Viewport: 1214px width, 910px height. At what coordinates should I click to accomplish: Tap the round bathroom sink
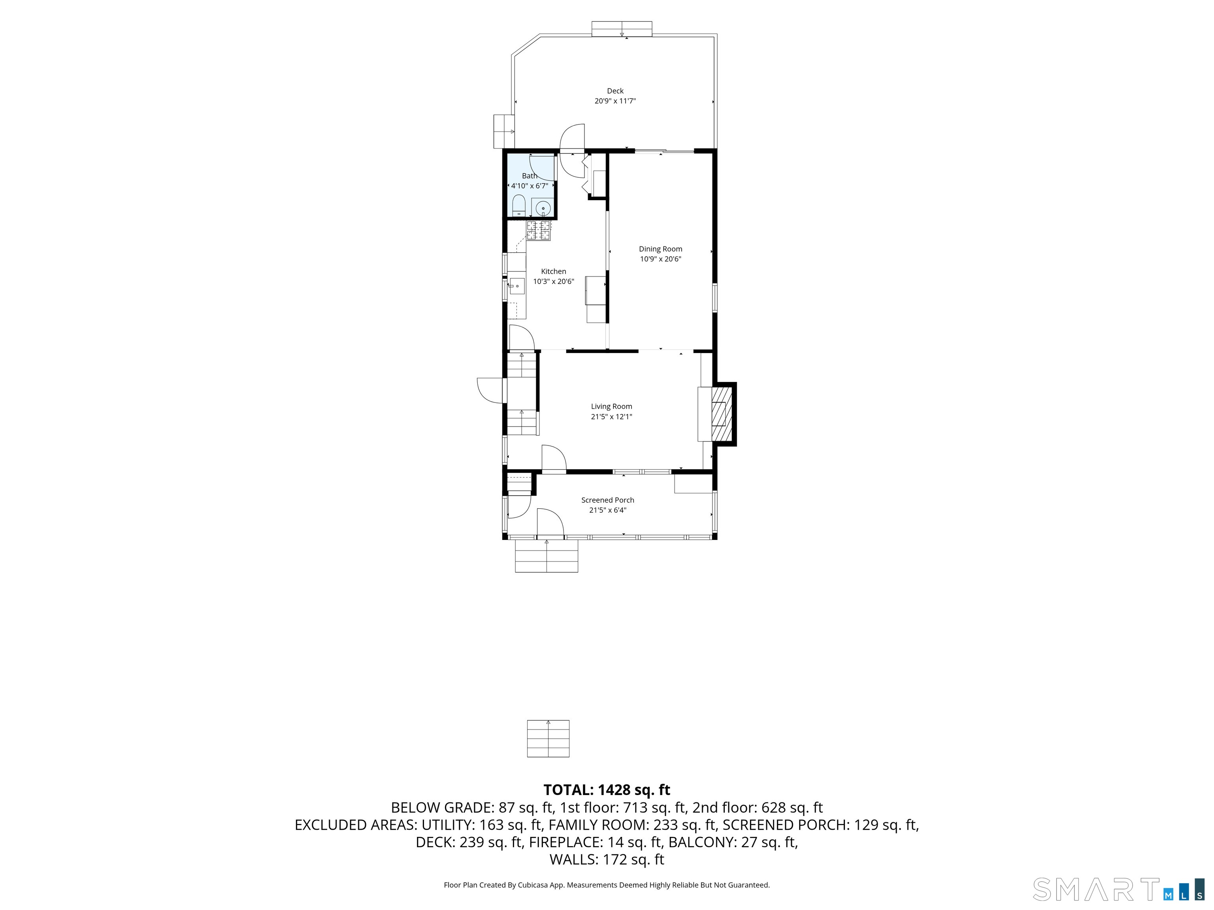(x=542, y=209)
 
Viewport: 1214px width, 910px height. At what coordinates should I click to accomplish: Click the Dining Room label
(x=660, y=249)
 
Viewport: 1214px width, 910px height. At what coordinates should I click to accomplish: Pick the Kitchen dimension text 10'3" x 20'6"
(x=553, y=281)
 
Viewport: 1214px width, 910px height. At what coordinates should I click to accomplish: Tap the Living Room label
(x=611, y=406)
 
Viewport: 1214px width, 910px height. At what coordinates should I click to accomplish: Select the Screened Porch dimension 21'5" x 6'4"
(x=607, y=510)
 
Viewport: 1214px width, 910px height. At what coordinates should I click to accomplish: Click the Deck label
(x=615, y=91)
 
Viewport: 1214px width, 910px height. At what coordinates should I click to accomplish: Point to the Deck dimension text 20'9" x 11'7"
(x=615, y=101)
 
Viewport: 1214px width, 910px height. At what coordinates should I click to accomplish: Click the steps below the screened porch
(x=546, y=556)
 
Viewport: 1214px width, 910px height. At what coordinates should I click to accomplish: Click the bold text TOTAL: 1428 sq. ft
(x=607, y=790)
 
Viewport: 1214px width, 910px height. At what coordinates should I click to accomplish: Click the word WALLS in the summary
(x=573, y=859)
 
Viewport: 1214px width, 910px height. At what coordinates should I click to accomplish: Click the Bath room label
(x=530, y=176)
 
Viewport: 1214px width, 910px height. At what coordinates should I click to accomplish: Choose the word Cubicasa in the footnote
(x=532, y=885)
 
